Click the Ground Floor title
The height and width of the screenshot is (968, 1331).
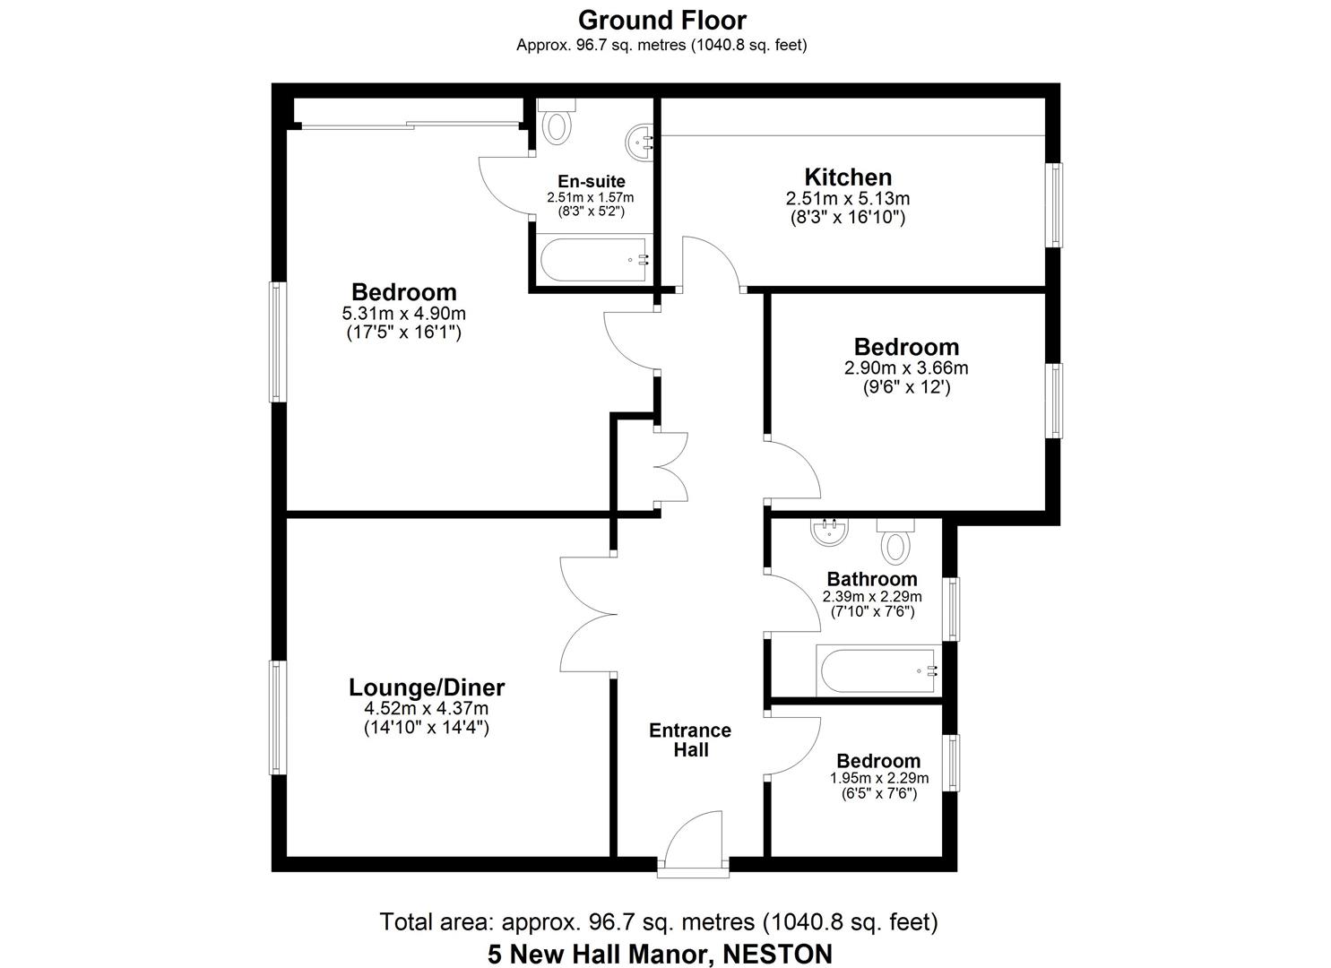(x=661, y=20)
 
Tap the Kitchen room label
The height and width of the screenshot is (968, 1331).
(x=847, y=177)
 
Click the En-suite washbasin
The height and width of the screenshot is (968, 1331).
(x=640, y=142)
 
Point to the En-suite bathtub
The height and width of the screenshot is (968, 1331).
(x=594, y=260)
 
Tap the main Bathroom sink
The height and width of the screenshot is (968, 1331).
(x=830, y=532)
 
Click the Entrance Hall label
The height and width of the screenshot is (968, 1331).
(x=689, y=739)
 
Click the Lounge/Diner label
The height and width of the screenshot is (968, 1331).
(x=427, y=687)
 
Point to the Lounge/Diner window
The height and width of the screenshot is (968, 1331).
(x=279, y=717)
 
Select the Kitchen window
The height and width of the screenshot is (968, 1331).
(x=1056, y=204)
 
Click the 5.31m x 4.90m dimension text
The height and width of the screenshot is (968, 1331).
(x=403, y=313)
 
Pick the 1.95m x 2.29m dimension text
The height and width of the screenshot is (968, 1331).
(x=878, y=778)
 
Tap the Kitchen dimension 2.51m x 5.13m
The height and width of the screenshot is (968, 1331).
(x=847, y=198)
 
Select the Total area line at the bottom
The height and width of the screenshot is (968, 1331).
(x=659, y=921)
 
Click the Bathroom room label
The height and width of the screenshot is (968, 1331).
(x=871, y=579)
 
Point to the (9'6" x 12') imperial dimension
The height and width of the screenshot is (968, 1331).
(x=906, y=387)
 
